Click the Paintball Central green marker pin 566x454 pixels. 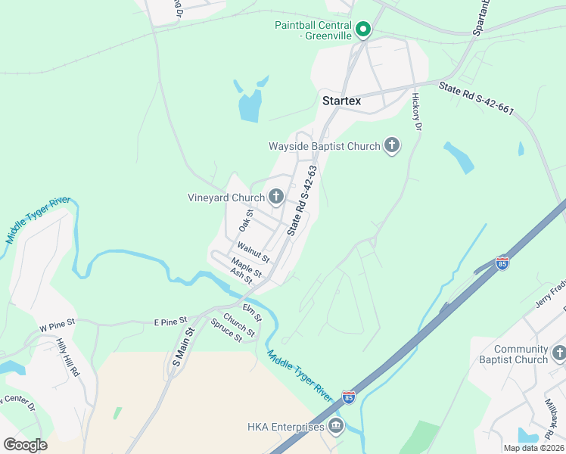363,30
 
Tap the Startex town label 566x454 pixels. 342,101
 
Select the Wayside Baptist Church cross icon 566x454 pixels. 392,145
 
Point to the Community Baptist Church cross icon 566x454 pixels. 559,353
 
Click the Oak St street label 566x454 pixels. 244,221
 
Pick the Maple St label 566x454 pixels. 247,267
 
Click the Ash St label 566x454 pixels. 241,277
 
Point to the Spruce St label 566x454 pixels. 226,331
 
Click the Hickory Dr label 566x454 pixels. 416,111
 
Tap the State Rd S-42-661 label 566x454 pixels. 476,98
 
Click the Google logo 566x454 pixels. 25,445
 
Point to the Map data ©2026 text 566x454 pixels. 533,448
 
